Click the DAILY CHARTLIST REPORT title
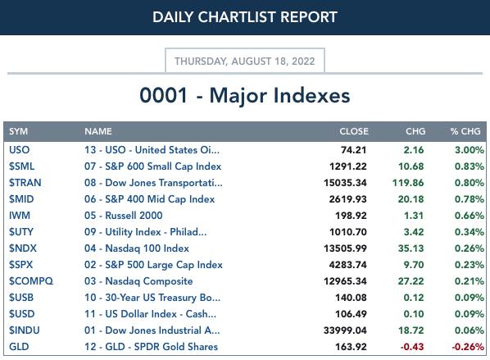245,17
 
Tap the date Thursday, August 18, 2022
245,61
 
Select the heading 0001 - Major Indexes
245,95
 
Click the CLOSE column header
354,131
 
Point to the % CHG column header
465,131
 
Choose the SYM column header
19,131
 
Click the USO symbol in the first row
20,150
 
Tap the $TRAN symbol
25,183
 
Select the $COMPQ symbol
31,281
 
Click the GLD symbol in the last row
19,347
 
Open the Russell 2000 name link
124,216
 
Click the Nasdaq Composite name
138,281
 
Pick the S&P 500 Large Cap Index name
153,265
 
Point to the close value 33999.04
345,330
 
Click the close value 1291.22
347,166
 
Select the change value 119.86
408,183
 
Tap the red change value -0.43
412,347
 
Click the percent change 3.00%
470,150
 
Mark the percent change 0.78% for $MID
470,199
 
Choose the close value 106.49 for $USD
351,314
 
